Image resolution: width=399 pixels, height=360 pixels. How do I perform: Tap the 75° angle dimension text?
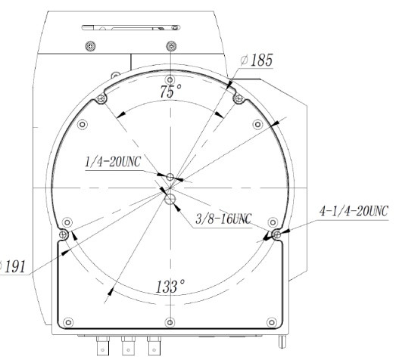tap(171, 92)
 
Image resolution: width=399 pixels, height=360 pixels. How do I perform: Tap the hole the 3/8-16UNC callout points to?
tap(171, 198)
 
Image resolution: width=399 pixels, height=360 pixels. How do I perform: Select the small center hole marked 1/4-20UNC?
tap(171, 177)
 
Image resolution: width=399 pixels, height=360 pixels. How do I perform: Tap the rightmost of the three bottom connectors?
tap(154, 346)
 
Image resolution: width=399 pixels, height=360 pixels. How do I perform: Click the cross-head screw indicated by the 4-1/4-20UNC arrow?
tap(277, 236)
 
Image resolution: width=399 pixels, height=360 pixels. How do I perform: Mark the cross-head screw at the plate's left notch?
tap(64, 236)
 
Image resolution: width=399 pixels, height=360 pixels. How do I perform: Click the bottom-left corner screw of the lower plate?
tap(68, 323)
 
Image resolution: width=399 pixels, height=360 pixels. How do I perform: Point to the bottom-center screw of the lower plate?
tap(171, 323)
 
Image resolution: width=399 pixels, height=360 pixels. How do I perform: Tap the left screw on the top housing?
tap(91, 45)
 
